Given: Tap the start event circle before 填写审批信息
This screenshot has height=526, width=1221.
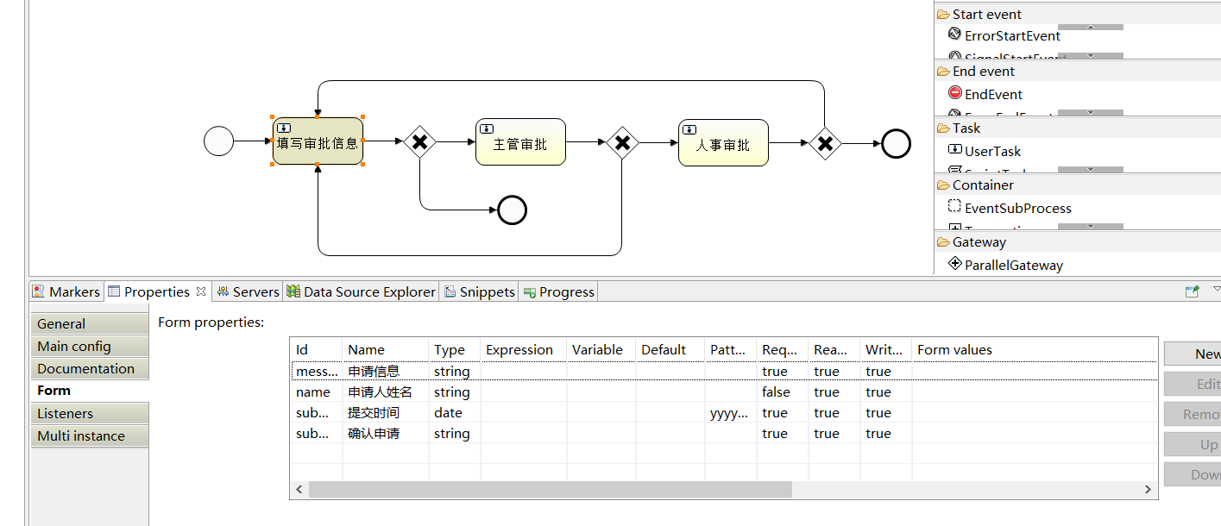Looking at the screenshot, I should (219, 141).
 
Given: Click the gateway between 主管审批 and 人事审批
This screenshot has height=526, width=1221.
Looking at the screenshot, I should (622, 142).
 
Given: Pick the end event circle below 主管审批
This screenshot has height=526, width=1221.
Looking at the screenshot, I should (513, 210).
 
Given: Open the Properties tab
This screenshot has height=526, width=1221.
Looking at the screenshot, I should (156, 292).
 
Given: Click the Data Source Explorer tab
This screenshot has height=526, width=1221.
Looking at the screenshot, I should (368, 292).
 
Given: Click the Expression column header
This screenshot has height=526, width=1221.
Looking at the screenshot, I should (519, 350).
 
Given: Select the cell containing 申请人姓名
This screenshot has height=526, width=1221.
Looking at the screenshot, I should (380, 392).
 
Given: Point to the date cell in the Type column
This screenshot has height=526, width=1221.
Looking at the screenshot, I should (449, 413).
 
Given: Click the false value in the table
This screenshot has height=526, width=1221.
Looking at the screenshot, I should (776, 392).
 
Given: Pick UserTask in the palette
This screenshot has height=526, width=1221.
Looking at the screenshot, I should (992, 152).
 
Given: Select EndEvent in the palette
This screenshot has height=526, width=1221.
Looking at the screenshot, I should (993, 95).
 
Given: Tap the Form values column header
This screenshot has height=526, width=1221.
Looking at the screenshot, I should (954, 350).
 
